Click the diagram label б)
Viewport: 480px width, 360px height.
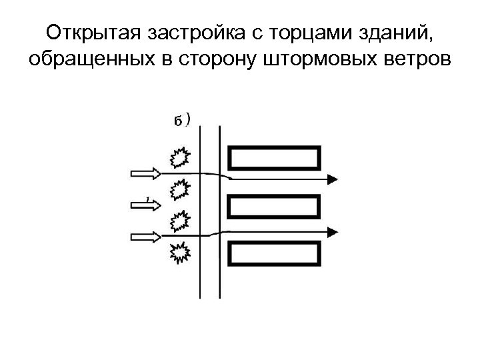coord(182,120)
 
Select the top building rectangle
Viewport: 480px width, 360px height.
coord(274,159)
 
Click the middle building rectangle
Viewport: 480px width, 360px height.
coord(274,206)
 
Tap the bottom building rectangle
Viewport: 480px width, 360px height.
coord(274,254)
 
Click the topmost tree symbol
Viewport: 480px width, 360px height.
coord(178,158)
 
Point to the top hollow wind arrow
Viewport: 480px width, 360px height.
coord(145,173)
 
